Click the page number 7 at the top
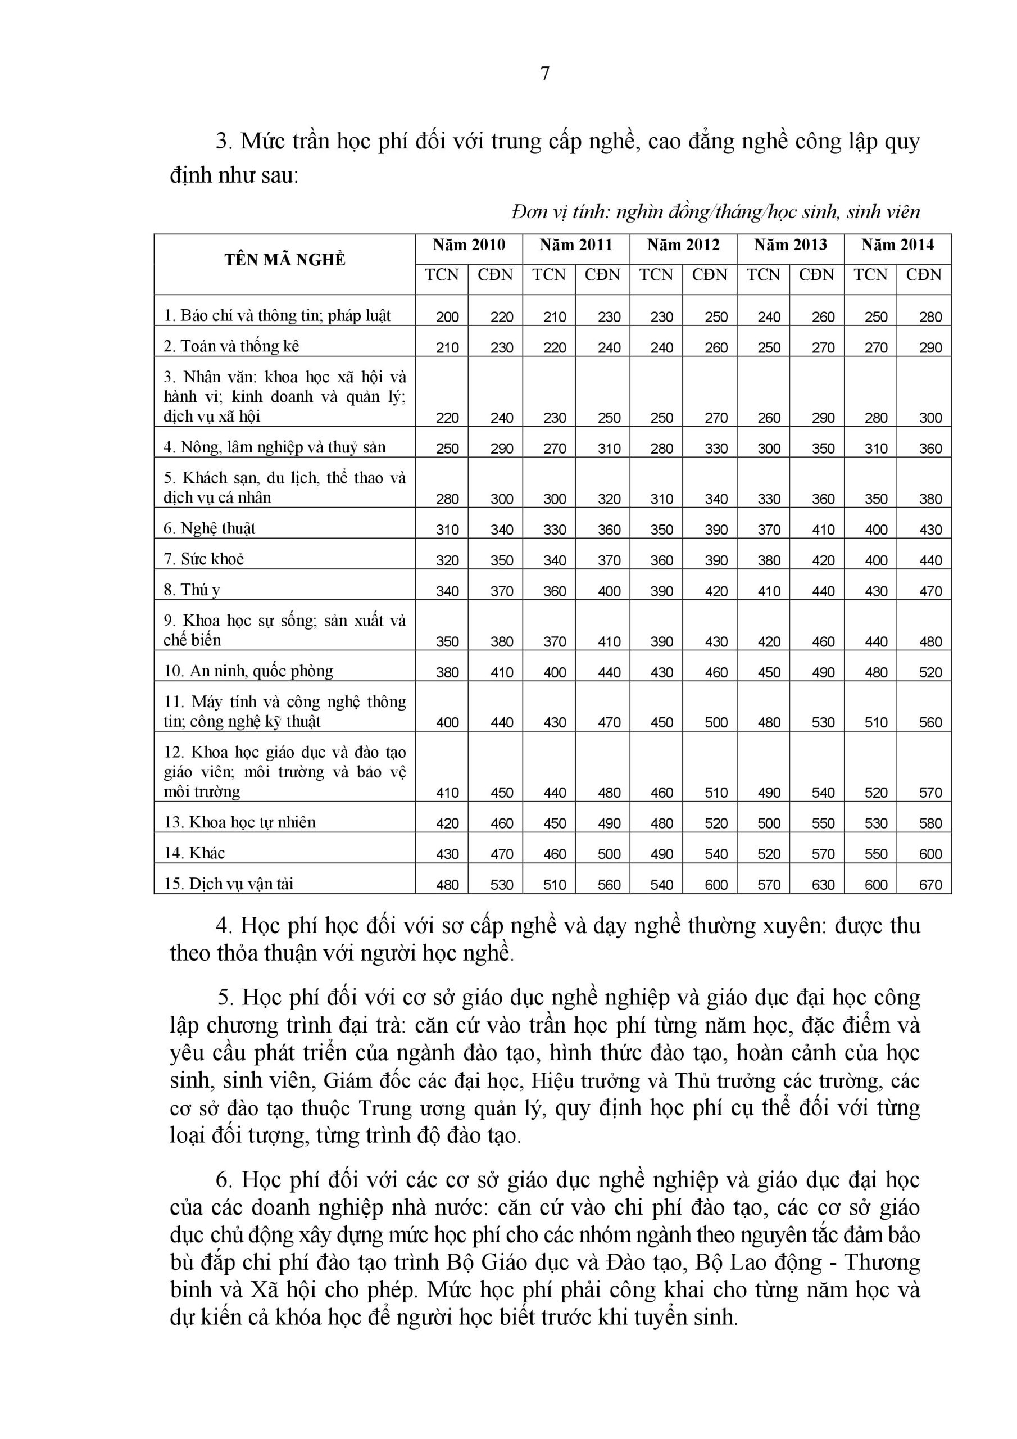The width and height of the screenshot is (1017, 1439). point(544,74)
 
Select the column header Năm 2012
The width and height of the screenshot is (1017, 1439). point(683,245)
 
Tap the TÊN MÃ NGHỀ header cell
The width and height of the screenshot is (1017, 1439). point(285,260)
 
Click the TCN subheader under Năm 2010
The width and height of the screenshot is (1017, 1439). point(442,275)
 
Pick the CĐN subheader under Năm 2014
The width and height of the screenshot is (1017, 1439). point(924,275)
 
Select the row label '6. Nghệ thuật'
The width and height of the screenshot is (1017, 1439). point(209,528)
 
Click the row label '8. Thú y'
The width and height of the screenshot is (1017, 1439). point(192,590)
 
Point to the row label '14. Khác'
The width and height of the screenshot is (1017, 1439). point(194,853)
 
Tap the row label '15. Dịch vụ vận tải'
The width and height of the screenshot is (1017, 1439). point(229,884)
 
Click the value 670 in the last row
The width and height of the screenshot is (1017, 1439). point(930,885)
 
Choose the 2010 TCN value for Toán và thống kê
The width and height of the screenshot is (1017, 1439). point(447,348)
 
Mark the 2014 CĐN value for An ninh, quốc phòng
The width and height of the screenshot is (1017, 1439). point(930,672)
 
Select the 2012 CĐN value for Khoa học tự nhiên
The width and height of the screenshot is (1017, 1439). point(716,823)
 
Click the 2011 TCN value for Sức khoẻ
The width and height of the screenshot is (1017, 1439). point(555,560)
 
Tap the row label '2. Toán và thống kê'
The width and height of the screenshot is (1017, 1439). point(232,346)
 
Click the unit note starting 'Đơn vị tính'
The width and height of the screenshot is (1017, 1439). point(716,212)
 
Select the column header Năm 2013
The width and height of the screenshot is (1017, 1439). point(790,245)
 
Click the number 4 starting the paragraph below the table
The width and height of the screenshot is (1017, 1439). point(223,926)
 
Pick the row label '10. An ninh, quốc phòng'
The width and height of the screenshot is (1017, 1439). point(248,671)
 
